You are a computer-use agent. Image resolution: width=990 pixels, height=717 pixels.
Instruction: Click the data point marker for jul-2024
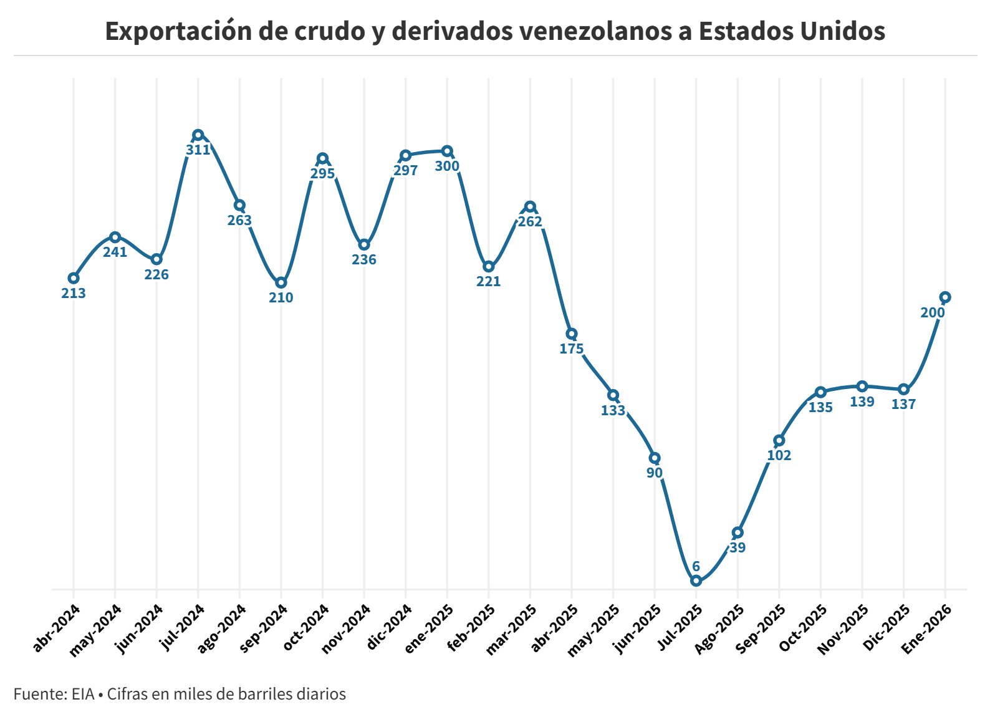pyautogui.click(x=198, y=135)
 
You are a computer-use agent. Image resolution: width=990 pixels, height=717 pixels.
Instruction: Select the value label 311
pyautogui.click(x=198, y=150)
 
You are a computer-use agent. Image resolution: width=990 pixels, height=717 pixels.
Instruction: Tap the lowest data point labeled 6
pyautogui.click(x=696, y=580)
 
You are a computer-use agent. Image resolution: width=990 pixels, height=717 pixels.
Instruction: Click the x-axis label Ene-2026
pyautogui.click(x=927, y=629)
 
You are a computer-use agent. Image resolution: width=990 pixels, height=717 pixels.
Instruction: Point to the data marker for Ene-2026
pyautogui.click(x=945, y=297)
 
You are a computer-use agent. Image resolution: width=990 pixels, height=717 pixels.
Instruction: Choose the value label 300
pyautogui.click(x=447, y=166)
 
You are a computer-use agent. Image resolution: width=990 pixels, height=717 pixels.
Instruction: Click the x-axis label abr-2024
pyautogui.click(x=56, y=628)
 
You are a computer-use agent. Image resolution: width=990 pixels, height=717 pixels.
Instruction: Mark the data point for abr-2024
pyautogui.click(x=74, y=278)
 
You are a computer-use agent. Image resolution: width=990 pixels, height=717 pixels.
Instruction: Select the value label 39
pyautogui.click(x=738, y=547)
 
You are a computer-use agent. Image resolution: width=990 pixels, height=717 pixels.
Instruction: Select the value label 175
pyautogui.click(x=572, y=349)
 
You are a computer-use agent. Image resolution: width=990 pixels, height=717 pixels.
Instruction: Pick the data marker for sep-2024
pyautogui.click(x=281, y=282)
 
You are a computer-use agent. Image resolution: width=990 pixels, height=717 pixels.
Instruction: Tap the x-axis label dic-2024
pyautogui.click(x=388, y=628)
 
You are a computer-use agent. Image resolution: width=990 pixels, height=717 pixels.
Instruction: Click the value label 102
pyautogui.click(x=779, y=455)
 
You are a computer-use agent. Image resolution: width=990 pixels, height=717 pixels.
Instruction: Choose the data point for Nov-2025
pyautogui.click(x=862, y=386)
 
